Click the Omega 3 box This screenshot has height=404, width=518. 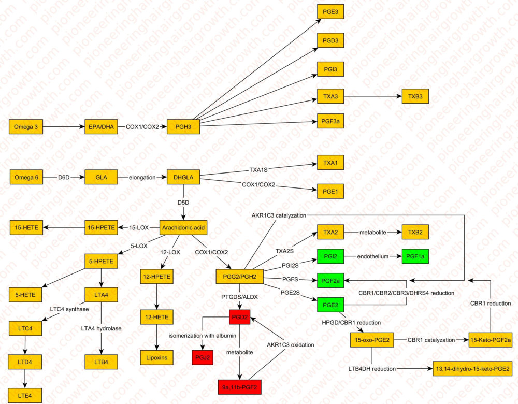coord(25,126)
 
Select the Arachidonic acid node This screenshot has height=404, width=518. coord(183,227)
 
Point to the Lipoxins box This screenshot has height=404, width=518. coord(156,357)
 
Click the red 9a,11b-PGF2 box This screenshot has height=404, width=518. coord(240,386)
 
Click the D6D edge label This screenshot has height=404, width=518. coord(64,177)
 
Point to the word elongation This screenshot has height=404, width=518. coord(142,177)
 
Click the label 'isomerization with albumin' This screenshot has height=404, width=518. coord(202,336)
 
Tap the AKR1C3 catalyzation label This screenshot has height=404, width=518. coord(279,214)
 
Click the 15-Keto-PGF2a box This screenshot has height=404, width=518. coord(490,340)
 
